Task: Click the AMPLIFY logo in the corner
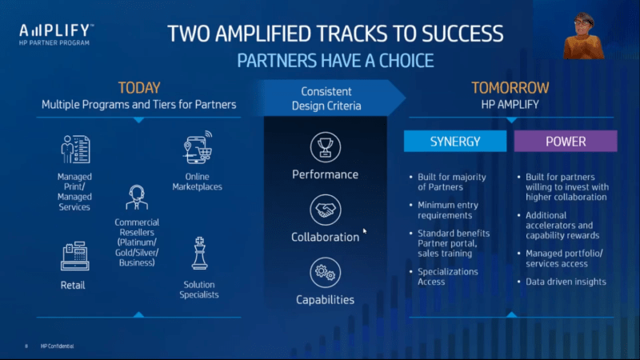(56, 34)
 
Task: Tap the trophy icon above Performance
(326, 147)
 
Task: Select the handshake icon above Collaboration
(326, 210)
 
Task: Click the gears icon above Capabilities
(326, 272)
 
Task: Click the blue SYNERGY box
(455, 142)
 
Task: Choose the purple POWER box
(566, 142)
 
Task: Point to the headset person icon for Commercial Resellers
(137, 198)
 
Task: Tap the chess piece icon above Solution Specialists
(199, 253)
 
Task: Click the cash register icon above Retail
(74, 256)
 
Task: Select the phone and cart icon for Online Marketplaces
(198, 147)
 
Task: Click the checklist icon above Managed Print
(75, 149)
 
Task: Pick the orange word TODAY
(139, 88)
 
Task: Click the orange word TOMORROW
(510, 88)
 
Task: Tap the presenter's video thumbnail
(583, 36)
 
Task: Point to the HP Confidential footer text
(57, 346)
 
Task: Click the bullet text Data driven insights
(566, 282)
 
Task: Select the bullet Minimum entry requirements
(448, 210)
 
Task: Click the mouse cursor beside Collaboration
(365, 231)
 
